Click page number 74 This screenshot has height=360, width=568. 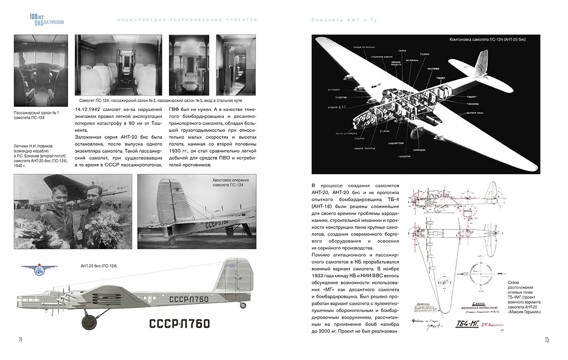20,340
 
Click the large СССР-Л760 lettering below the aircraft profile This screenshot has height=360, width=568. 179,324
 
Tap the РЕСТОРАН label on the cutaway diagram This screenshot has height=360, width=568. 432,69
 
